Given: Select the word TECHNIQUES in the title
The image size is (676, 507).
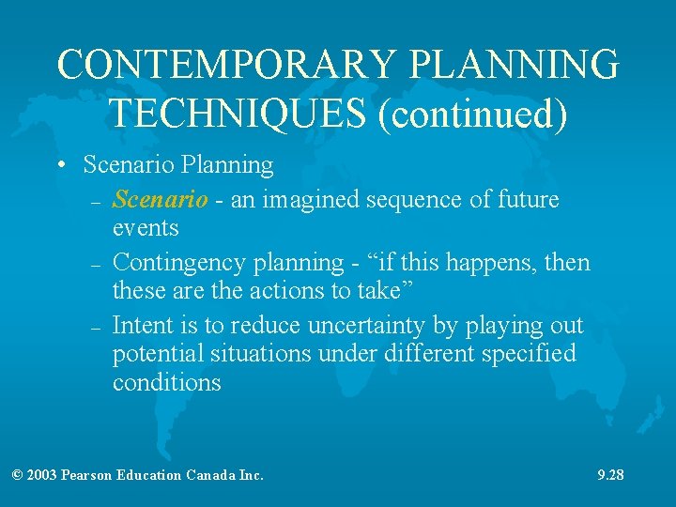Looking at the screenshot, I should point(238,113).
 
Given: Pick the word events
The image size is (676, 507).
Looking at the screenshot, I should point(146,228).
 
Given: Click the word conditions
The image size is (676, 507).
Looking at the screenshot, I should point(167,383).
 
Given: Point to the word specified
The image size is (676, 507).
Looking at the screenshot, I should point(530,354).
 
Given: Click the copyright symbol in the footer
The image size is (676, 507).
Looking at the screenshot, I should point(18,475).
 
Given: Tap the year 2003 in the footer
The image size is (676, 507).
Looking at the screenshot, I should point(42,475).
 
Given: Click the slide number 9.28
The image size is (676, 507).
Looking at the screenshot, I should point(610,475).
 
